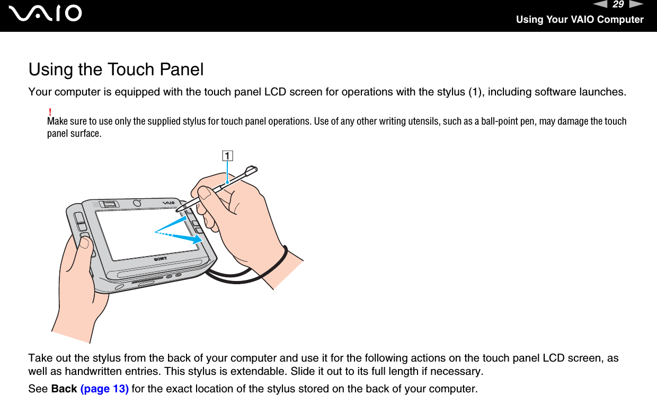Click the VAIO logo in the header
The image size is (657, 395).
point(48,13)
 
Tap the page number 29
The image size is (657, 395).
point(618,5)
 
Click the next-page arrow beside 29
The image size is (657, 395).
point(636,5)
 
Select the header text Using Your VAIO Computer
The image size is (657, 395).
point(580,20)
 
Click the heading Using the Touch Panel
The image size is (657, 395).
point(116,69)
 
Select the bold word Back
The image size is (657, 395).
point(64,389)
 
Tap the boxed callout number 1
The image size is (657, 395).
point(227,156)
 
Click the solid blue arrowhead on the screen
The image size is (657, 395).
point(197,240)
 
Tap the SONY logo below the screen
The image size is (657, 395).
point(161,260)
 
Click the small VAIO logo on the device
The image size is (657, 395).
point(169,203)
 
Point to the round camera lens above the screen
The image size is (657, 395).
point(137,203)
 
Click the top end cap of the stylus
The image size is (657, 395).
point(253,170)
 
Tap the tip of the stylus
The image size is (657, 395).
point(184,212)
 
